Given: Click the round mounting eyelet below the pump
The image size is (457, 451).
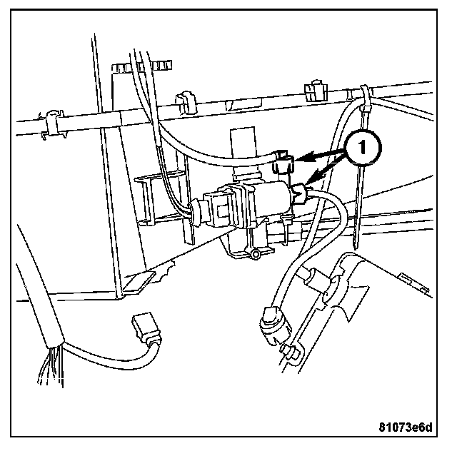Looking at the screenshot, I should pyautogui.click(x=254, y=255).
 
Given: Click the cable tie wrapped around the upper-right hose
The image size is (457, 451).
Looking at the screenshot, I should pyautogui.click(x=364, y=100).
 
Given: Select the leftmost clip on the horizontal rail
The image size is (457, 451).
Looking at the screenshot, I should pyautogui.click(x=50, y=121).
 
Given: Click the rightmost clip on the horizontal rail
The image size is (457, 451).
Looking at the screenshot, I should pyautogui.click(x=312, y=90).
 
